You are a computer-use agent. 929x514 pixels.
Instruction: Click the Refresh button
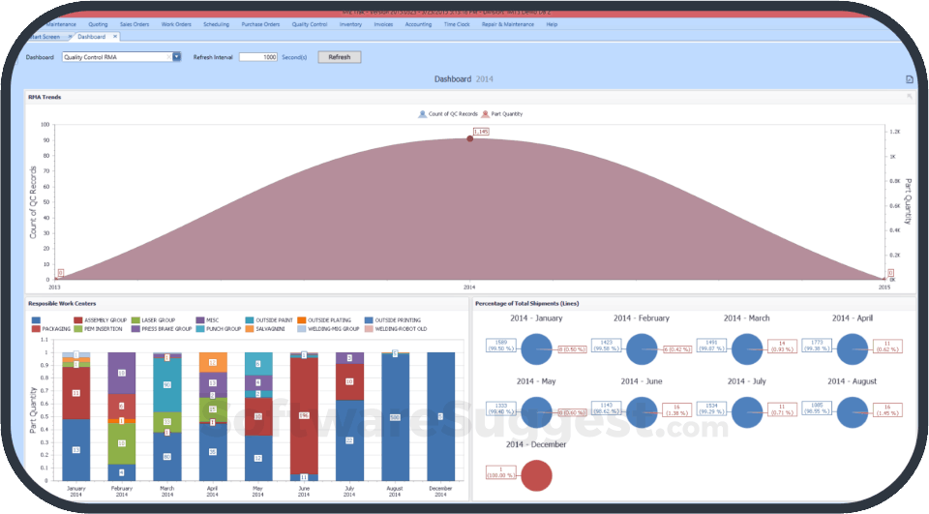(339, 57)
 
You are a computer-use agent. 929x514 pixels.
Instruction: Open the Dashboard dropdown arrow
(177, 57)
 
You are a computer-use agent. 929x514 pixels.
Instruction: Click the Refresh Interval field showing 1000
(258, 57)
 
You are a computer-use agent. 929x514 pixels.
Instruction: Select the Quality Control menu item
(309, 23)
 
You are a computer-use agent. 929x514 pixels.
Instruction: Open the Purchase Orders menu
(260, 23)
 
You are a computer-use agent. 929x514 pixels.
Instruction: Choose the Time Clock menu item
(457, 23)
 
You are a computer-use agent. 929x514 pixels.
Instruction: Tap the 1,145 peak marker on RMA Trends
(470, 138)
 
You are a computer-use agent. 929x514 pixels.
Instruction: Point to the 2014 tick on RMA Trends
(469, 287)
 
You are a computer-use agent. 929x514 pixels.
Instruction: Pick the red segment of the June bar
(305, 416)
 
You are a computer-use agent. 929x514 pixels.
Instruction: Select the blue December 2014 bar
(440, 416)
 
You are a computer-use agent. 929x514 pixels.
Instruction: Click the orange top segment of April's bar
(213, 362)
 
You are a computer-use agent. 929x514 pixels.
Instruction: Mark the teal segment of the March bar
(167, 385)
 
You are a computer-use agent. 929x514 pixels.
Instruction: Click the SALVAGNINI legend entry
(263, 329)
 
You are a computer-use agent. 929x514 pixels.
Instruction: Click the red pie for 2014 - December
(536, 475)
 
